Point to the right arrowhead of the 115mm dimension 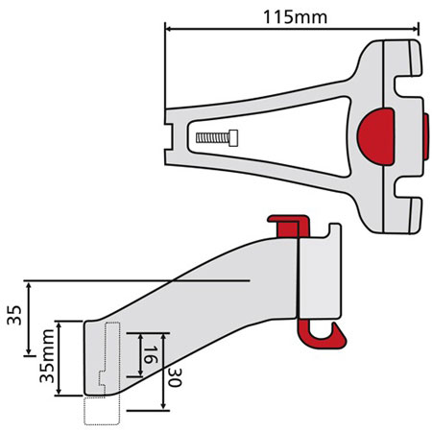[x=417, y=28]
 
